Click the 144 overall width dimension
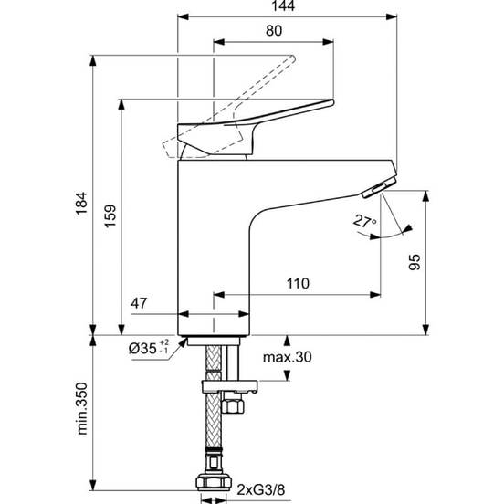283,6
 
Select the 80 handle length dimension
274,31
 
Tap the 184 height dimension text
81,204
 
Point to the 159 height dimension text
110,216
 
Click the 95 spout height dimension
415,262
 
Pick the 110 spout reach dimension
298,283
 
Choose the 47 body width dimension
139,303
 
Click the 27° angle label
365,222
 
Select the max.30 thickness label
288,357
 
